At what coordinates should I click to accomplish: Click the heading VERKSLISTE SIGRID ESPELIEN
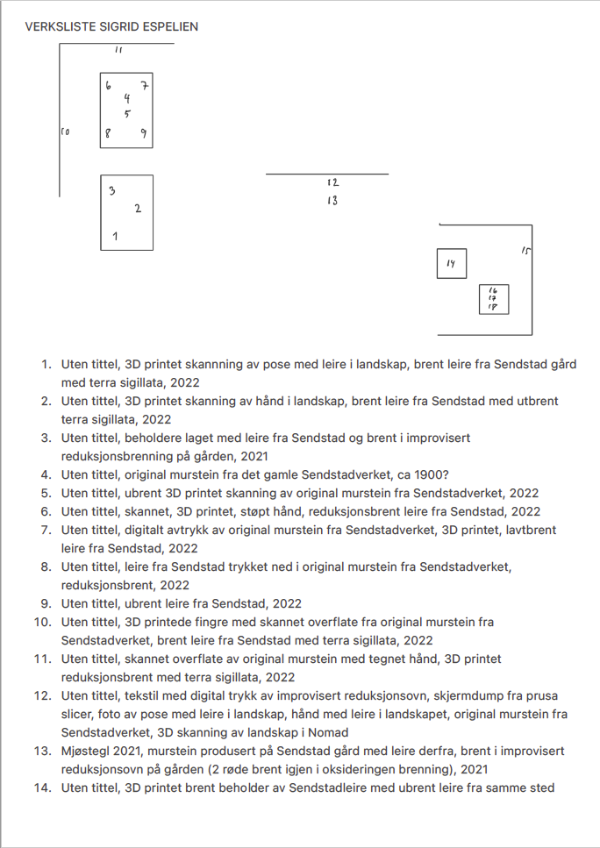pos(111,26)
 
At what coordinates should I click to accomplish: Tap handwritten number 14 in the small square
pos(451,263)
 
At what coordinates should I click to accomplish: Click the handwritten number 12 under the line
pos(332,182)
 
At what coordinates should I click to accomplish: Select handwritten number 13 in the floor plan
pos(332,201)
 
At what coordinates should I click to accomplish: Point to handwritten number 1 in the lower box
pos(116,236)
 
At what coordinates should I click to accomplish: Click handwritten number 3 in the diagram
pos(111,190)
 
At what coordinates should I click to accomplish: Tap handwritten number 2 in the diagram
pos(138,208)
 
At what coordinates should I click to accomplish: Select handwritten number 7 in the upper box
pos(145,85)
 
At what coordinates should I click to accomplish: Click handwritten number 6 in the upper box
pos(108,86)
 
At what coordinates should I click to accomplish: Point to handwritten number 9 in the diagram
pos(144,134)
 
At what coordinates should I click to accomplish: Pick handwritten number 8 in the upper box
pos(108,134)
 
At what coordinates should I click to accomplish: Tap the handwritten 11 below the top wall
pos(119,50)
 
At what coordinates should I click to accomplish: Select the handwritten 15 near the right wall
pos(525,251)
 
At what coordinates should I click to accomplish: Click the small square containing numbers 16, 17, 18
pos(494,300)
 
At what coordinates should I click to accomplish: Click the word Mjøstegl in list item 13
pos(86,751)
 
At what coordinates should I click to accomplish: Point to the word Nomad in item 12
pos(328,732)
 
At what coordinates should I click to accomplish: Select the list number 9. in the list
pos(48,603)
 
